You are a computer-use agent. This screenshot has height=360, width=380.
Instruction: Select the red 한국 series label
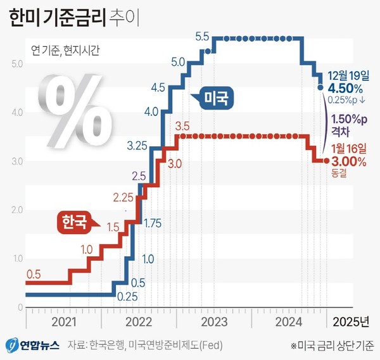click(75, 221)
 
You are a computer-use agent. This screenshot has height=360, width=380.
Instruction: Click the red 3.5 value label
click(182, 125)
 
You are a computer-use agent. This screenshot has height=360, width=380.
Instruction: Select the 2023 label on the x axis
click(215, 321)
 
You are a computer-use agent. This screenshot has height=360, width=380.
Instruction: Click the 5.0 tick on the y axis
click(17, 64)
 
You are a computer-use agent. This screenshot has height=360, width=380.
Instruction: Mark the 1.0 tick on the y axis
click(17, 258)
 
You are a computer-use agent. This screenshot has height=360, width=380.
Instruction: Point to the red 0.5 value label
click(34, 274)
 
